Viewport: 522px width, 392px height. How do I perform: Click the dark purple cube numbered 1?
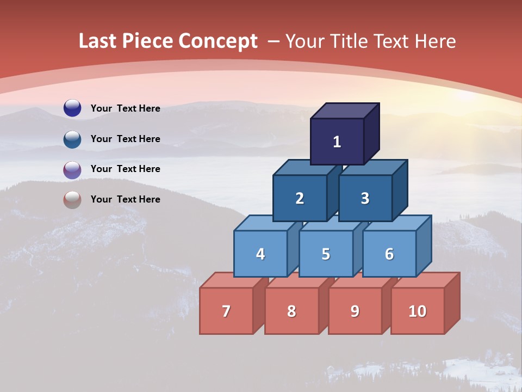pos(337,142)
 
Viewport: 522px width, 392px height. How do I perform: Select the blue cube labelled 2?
pos(300,198)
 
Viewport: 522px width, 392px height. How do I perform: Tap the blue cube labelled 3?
pos(365,198)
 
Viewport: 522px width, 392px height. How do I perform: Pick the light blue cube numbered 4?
pos(260,254)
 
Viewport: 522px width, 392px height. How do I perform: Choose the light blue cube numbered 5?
pos(326,254)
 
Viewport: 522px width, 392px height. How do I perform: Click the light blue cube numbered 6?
pos(389,254)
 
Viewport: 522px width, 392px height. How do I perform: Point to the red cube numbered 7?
pos(226,311)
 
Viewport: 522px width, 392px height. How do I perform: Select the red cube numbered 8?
pos(291,311)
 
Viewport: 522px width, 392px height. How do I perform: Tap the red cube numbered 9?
pos(355,311)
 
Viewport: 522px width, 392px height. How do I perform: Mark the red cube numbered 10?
pos(418,311)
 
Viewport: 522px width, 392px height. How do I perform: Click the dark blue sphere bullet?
pos(72,108)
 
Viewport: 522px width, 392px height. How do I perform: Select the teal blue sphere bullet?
pos(72,139)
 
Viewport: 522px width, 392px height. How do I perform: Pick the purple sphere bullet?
pos(72,169)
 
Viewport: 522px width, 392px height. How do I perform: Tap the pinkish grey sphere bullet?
pos(72,200)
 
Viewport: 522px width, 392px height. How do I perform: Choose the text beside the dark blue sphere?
pos(126,108)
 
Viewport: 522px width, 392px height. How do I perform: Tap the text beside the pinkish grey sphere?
pos(126,199)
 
